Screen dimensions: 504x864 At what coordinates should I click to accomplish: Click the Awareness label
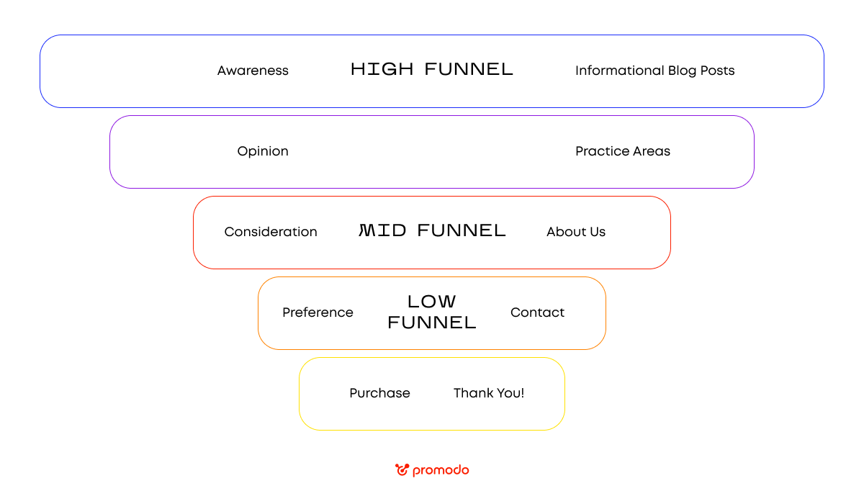[253, 71]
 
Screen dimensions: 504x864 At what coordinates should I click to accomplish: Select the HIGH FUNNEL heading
[432, 70]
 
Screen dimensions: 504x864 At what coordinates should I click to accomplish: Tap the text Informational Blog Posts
[654, 71]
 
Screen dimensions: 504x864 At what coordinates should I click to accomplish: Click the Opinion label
[263, 151]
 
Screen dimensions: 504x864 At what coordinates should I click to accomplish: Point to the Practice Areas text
[623, 151]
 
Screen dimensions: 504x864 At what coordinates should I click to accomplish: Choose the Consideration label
[271, 232]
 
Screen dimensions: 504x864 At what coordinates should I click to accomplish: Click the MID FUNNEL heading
[432, 231]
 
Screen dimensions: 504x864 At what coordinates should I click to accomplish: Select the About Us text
[576, 232]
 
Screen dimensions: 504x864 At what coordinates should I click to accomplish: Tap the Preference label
[318, 312]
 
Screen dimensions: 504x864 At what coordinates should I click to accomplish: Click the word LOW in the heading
[432, 302]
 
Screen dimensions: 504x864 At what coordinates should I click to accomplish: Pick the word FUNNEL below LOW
[432, 323]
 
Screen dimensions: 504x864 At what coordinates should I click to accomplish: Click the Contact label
[537, 312]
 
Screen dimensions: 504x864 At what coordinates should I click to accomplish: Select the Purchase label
[379, 393]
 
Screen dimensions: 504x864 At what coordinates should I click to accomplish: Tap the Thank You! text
[489, 393]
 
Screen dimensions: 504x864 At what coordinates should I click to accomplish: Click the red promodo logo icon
[402, 470]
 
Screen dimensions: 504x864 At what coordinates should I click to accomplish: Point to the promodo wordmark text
[441, 471]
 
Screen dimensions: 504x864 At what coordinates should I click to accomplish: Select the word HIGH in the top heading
[382, 70]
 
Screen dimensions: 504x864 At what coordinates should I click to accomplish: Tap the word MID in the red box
[383, 231]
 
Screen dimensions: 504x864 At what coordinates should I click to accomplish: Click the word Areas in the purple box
[652, 151]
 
